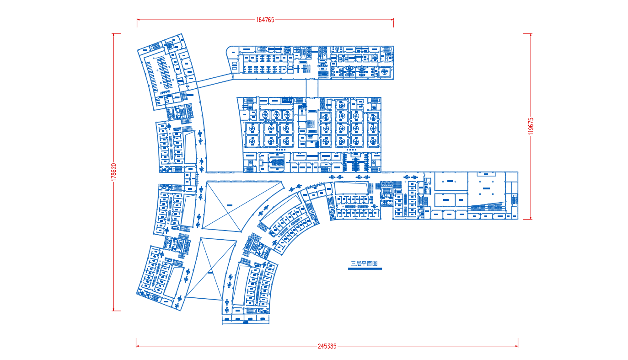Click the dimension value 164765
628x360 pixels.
[265, 20]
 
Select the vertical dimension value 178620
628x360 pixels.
[113, 172]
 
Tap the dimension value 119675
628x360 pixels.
[531, 126]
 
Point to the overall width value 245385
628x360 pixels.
[327, 346]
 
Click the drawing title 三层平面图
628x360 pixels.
[364, 263]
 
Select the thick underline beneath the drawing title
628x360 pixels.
[365, 269]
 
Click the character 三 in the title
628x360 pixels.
[353, 263]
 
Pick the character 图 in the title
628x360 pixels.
[375, 263]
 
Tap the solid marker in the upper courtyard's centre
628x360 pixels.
[229, 205]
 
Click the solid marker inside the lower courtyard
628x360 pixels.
[210, 273]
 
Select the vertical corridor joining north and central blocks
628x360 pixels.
[312, 88]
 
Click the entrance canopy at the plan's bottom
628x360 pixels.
[246, 319]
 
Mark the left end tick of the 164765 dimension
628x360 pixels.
[137, 22]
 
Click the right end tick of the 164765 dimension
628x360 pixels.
[394, 22]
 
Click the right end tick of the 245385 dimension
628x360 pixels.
[518, 343]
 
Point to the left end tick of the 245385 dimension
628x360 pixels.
[136, 343]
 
